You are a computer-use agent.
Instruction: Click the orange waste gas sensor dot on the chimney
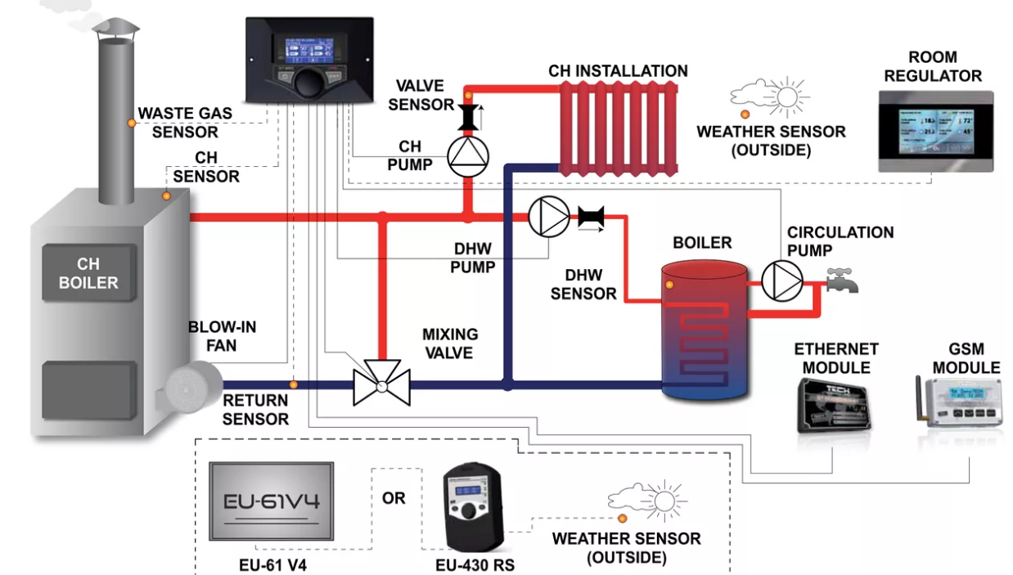pyautogui.click(x=130, y=123)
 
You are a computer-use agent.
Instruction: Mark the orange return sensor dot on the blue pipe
pyautogui.click(x=294, y=384)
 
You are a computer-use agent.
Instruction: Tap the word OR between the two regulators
pyautogui.click(x=394, y=497)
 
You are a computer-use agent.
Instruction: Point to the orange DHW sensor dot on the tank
pyautogui.click(x=669, y=285)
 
